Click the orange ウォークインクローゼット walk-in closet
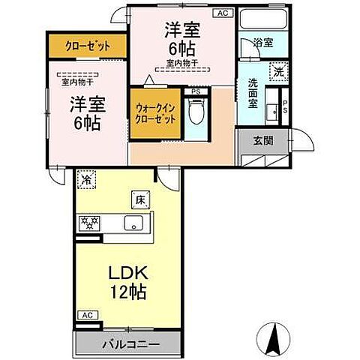(x=155, y=116)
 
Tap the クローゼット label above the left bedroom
(x=84, y=46)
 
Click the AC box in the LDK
(x=86, y=315)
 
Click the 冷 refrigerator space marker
(x=86, y=180)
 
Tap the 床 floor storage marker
(x=139, y=199)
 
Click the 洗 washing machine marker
(x=277, y=72)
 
